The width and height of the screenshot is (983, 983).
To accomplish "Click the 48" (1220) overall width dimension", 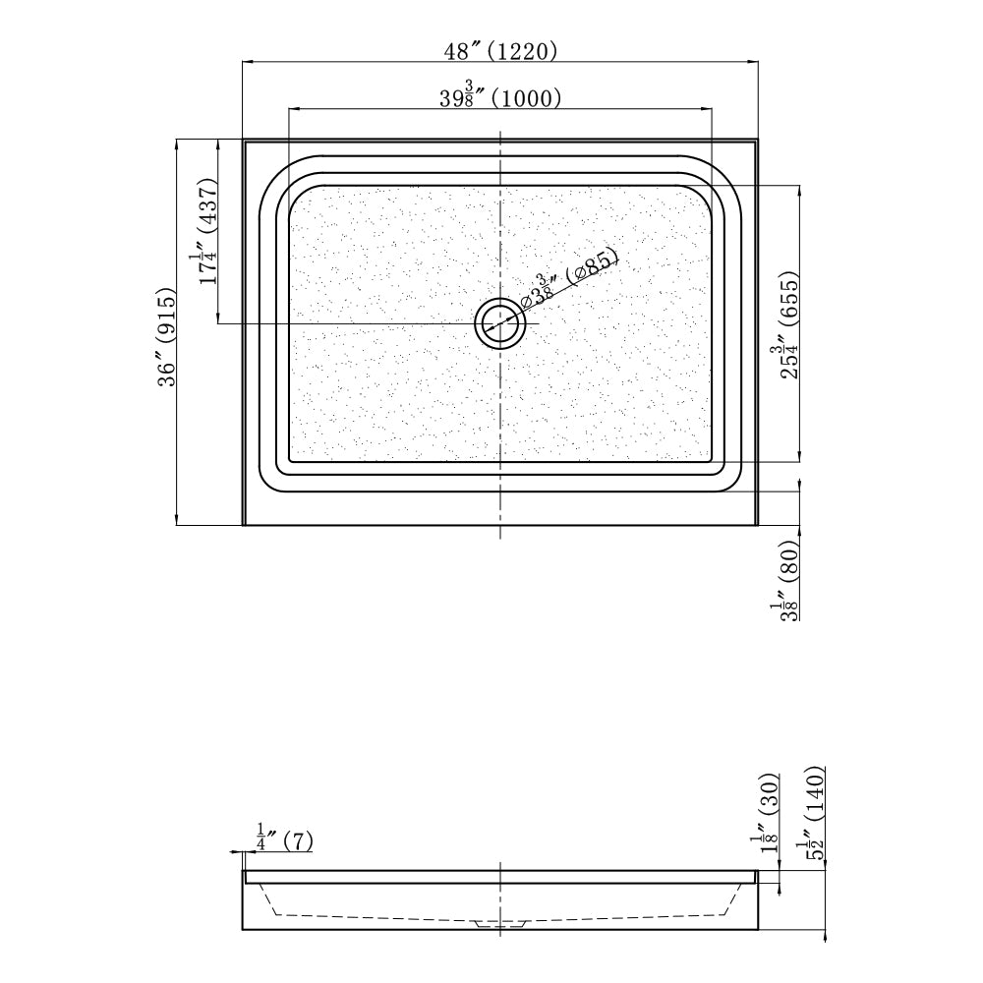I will pyautogui.click(x=499, y=51).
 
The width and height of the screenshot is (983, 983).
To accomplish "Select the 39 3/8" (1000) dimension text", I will pyautogui.click(x=499, y=97).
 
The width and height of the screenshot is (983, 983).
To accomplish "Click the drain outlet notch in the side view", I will pyautogui.click(x=500, y=924).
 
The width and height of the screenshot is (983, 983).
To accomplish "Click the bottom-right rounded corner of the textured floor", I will pyautogui.click(x=704, y=452).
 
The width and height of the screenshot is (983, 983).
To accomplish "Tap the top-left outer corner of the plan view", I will pyautogui.click(x=244, y=141).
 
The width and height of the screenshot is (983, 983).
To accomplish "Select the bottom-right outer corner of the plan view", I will pyautogui.click(x=758, y=524).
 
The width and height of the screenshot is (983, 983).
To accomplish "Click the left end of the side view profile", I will pyautogui.click(x=244, y=899).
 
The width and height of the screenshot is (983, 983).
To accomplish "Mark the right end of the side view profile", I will pyautogui.click(x=757, y=899).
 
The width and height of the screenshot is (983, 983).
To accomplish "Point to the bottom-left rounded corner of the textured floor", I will pyautogui.click(x=297, y=452).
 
